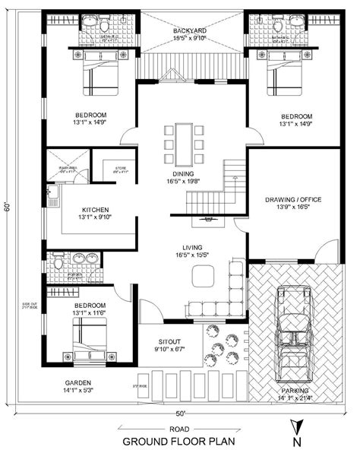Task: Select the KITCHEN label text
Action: coord(96,210)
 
